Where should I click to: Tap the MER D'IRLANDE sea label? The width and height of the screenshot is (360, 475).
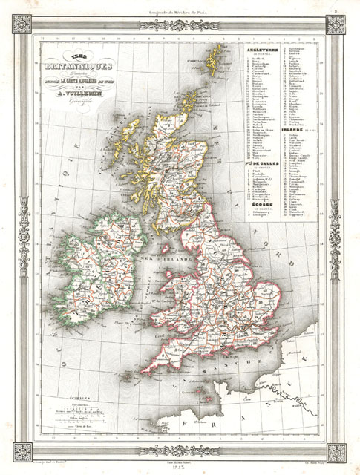click(171, 258)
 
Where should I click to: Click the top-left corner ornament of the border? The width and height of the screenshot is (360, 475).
click(23, 24)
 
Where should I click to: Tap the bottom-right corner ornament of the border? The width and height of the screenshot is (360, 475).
click(337, 451)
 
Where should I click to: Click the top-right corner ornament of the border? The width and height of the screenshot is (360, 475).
click(337, 24)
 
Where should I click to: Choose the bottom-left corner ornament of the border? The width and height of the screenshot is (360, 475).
click(23, 451)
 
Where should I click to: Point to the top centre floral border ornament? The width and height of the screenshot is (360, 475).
click(180, 24)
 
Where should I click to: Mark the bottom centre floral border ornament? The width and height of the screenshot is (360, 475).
click(180, 451)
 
